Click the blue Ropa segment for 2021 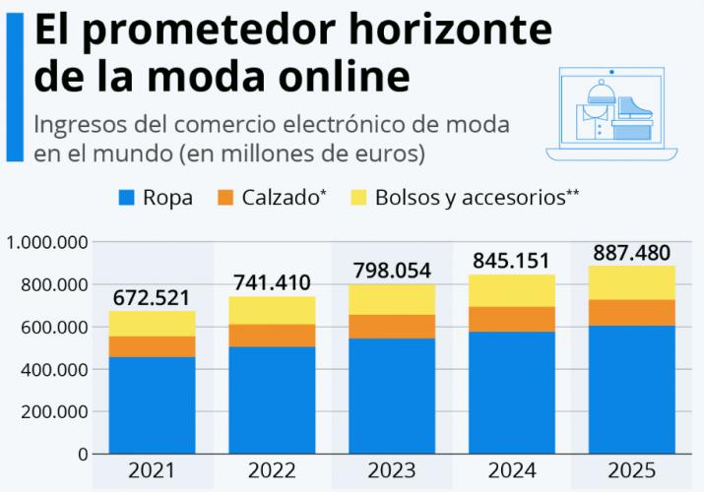tap(152, 404)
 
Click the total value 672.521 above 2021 tap(152, 296)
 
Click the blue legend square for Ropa tap(126, 198)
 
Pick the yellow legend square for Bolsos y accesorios tap(356, 198)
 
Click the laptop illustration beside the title tap(612, 113)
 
